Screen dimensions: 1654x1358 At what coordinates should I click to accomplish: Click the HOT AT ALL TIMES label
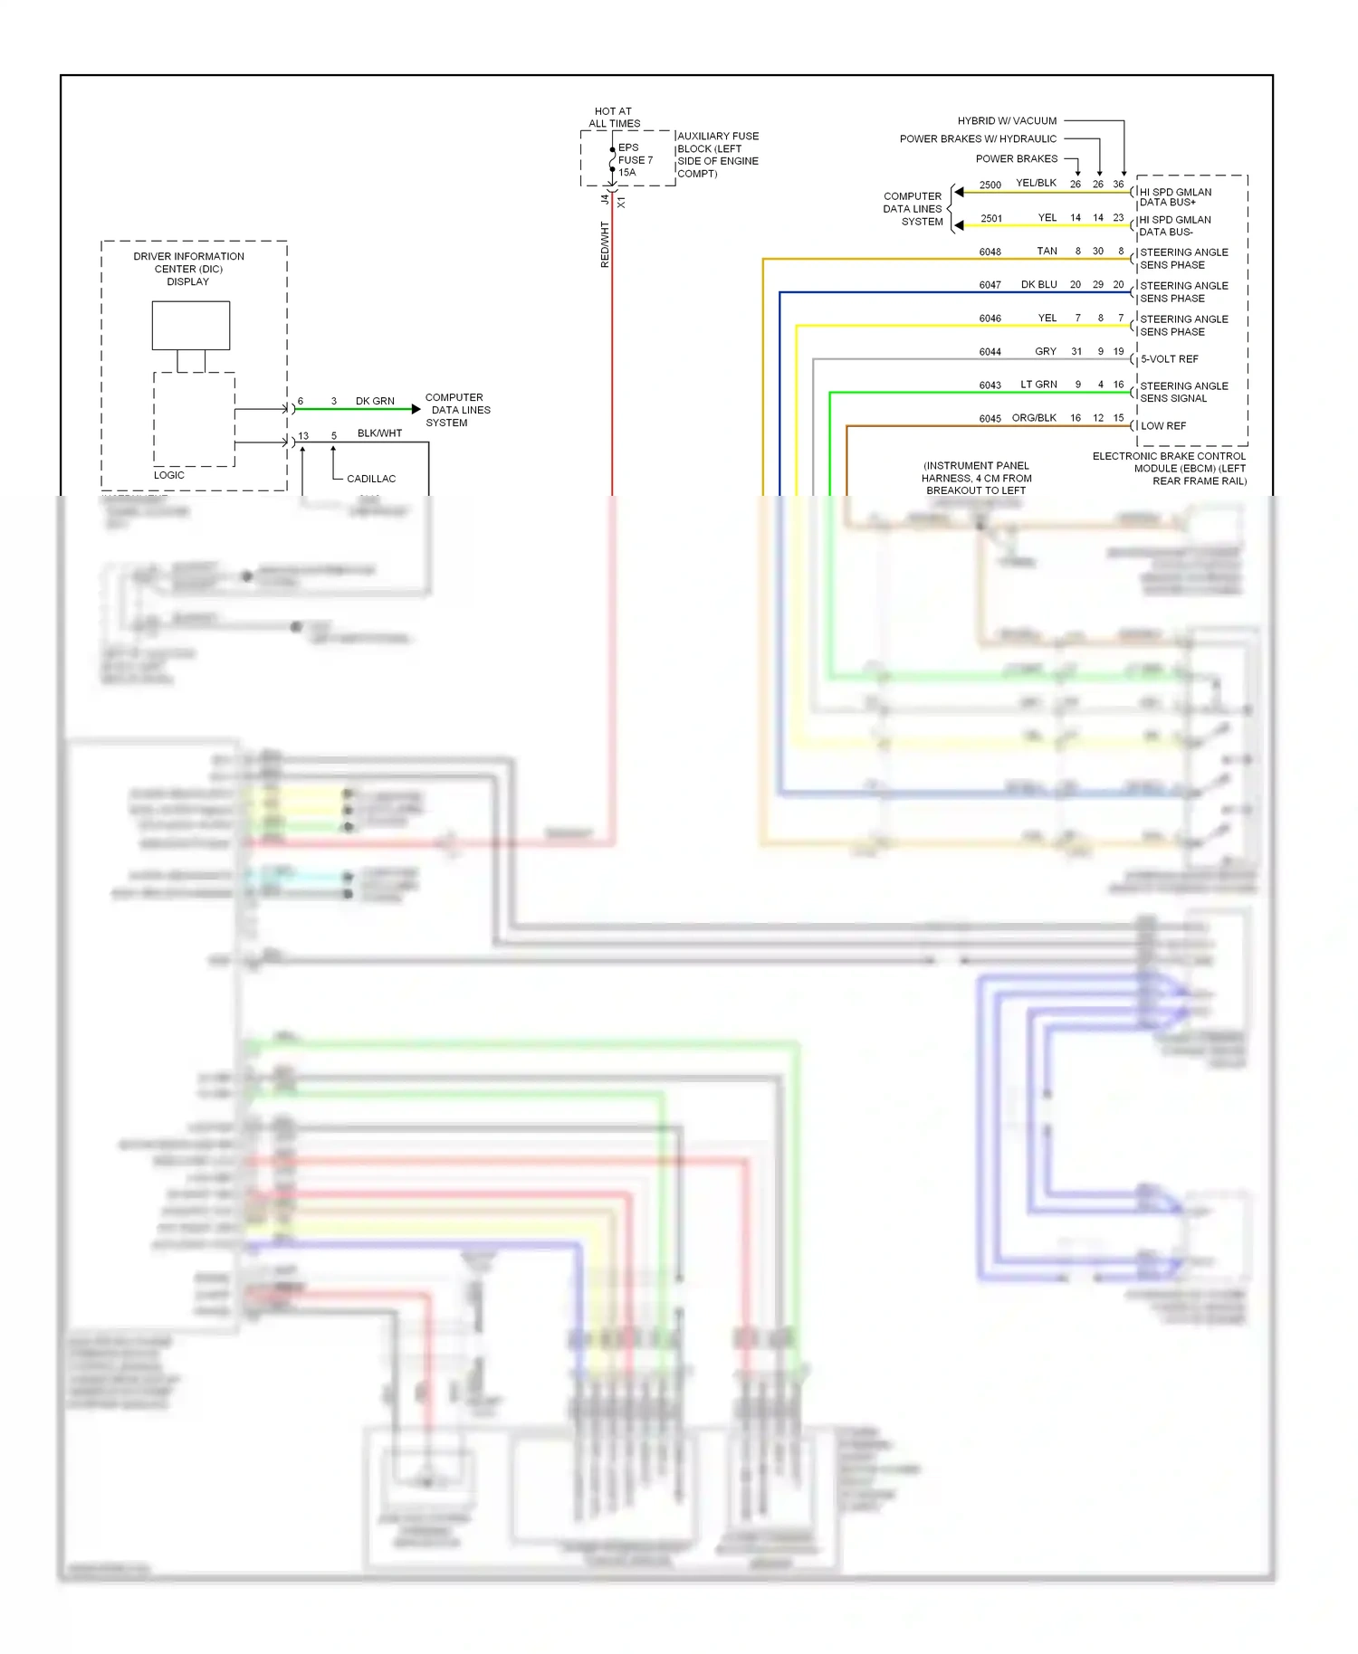pos(614,118)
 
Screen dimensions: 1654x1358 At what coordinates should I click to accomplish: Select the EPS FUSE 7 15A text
pos(635,160)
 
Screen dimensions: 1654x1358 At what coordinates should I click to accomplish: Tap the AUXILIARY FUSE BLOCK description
pos(717,155)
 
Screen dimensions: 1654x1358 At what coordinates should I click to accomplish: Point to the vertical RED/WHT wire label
pos(605,244)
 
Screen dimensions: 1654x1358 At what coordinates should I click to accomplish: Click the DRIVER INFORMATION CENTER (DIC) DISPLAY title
pos(188,269)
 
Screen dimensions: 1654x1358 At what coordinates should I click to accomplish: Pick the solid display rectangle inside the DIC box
pos(191,325)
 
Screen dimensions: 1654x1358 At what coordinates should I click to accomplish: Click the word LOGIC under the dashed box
pos(169,475)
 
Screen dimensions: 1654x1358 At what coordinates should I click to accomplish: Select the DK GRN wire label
pos(375,401)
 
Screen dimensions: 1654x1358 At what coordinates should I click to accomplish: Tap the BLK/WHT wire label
pos(379,433)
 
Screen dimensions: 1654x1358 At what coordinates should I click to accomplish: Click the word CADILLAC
pos(371,479)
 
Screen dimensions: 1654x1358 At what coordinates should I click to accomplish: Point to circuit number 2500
pos(990,185)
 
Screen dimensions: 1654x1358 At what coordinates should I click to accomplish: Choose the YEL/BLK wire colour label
pos(1036,183)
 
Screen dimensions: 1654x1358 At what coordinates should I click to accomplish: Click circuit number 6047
pos(990,285)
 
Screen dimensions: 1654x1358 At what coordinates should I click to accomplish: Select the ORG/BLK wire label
pos(1034,418)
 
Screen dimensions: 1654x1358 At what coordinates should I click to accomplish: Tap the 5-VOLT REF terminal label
pos(1169,359)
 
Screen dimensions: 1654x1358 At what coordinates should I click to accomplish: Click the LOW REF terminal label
pos(1162,426)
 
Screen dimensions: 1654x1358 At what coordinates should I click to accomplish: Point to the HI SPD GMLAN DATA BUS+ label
pos(1174,197)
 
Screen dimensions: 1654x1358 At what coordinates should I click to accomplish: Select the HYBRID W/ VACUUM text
pos(1007,120)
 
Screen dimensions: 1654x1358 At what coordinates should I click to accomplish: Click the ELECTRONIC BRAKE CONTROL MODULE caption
pos(1169,469)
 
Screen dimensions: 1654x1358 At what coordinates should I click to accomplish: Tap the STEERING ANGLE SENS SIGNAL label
pos(1183,392)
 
